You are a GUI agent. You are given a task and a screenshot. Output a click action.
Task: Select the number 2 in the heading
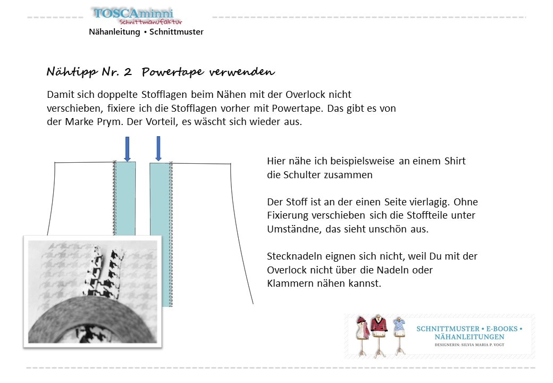click(128, 72)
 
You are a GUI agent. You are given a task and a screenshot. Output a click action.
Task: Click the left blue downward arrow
click(127, 148)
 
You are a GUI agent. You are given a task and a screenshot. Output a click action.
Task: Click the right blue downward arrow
click(158, 148)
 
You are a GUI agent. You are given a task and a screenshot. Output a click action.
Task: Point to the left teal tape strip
click(125, 197)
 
